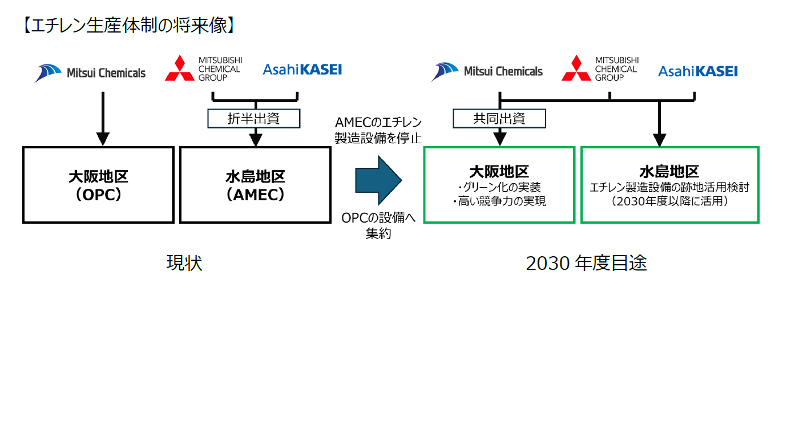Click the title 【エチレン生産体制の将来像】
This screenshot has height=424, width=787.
coord(128,26)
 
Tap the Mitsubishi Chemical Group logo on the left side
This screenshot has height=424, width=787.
coord(203,69)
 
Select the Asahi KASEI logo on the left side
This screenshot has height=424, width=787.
coord(302,70)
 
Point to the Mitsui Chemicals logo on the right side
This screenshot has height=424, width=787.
coord(487,72)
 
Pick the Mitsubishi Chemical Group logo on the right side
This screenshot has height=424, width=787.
coord(600,69)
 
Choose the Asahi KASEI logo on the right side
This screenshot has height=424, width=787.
coord(697,71)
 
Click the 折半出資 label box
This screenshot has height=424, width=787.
coord(253,118)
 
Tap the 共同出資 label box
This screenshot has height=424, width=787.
coord(499,118)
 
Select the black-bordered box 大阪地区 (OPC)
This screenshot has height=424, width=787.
coord(98,185)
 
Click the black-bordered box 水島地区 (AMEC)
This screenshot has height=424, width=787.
coord(255,185)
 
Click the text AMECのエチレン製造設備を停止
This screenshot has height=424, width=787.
coord(378,130)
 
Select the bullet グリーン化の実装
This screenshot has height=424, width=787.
coord(499,188)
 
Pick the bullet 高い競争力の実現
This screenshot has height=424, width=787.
coord(499,201)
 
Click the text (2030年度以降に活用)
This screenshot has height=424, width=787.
coord(669,201)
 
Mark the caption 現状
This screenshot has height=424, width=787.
coord(184,263)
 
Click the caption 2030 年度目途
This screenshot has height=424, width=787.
coord(586,263)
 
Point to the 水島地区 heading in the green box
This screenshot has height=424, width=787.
coord(669,172)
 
